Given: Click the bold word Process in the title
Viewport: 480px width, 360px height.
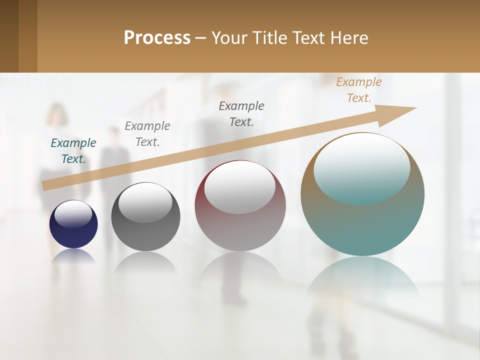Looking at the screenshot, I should pos(157,38).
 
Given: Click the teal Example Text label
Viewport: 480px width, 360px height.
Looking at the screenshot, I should pos(73,151).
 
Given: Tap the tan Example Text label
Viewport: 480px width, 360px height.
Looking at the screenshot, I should pos(359,90).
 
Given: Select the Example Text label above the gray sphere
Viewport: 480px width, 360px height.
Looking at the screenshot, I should pos(147,134).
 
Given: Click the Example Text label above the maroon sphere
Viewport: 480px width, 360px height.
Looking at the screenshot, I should pos(241,113).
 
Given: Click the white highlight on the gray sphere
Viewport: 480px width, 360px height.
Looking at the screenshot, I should pos(145,202).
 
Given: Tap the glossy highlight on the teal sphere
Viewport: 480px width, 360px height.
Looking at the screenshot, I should pos(362,167).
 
